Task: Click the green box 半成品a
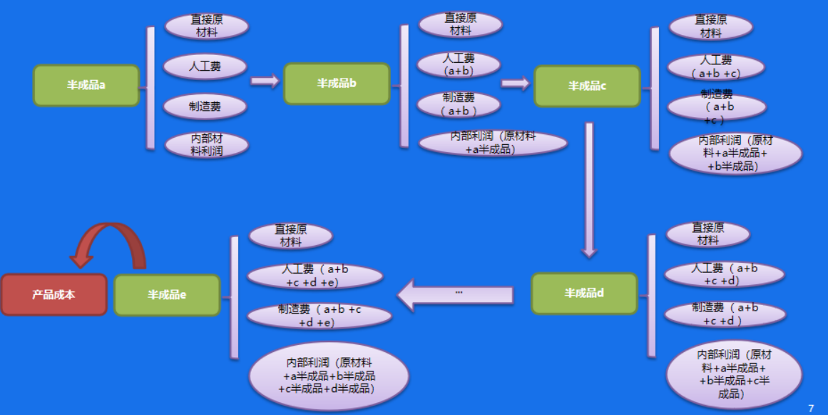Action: point(86,85)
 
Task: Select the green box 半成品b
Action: point(337,84)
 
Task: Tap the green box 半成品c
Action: point(587,86)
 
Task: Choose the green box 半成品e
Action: point(167,294)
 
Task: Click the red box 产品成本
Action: point(53,294)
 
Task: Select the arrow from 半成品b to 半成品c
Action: point(516,84)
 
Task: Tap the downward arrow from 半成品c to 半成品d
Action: point(589,189)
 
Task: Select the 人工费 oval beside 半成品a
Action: point(205,66)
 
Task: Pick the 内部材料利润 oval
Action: point(207,145)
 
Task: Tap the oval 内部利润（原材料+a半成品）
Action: point(493,143)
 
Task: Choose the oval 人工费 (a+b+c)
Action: point(716,66)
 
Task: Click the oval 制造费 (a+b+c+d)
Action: point(725,314)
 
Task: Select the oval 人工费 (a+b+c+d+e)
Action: point(315,276)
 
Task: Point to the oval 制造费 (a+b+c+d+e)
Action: point(319,316)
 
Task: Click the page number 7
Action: point(811,408)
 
